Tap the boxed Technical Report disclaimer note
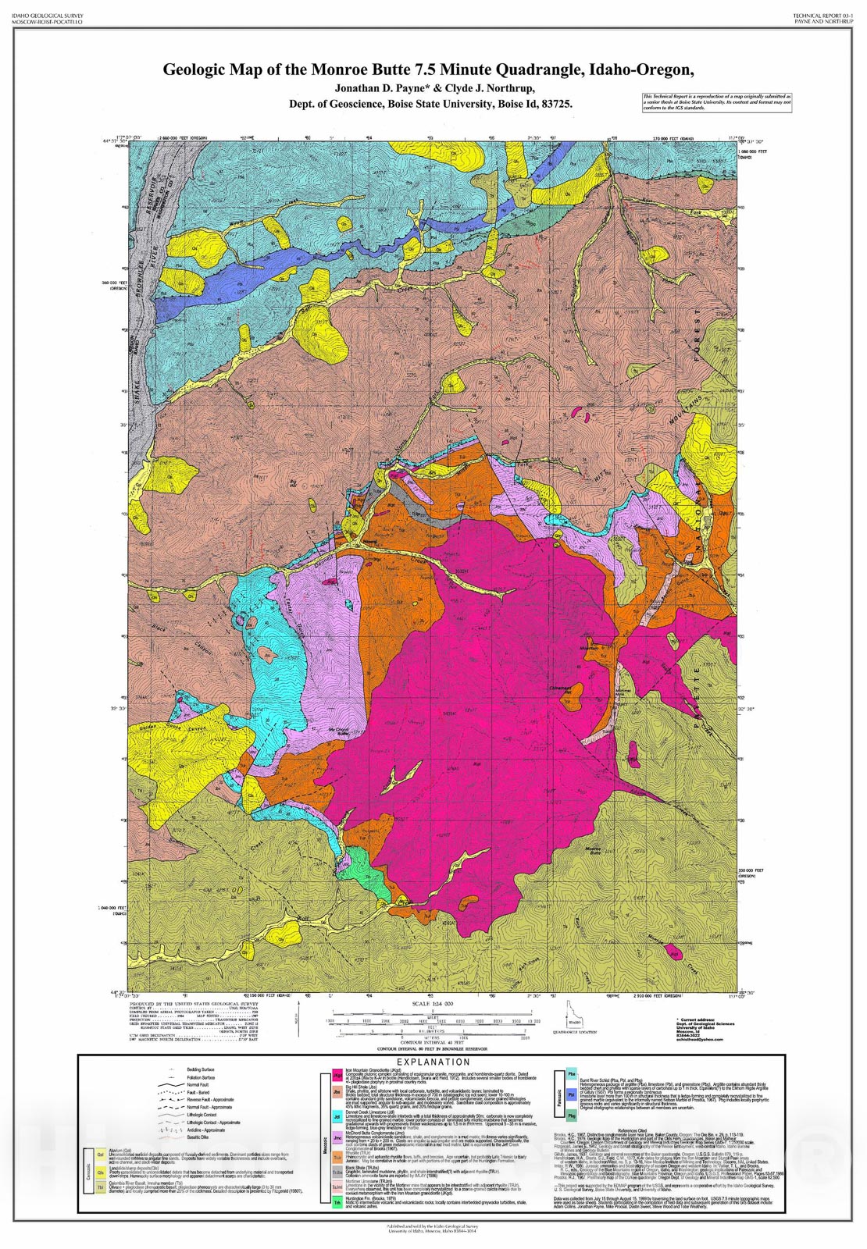point(716,102)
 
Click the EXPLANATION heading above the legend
point(433,1062)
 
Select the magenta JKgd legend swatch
point(337,1076)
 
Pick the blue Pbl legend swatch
point(572,1094)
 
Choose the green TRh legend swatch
point(337,1203)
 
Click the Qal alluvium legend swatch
point(101,1155)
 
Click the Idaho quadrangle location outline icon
point(574,1015)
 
